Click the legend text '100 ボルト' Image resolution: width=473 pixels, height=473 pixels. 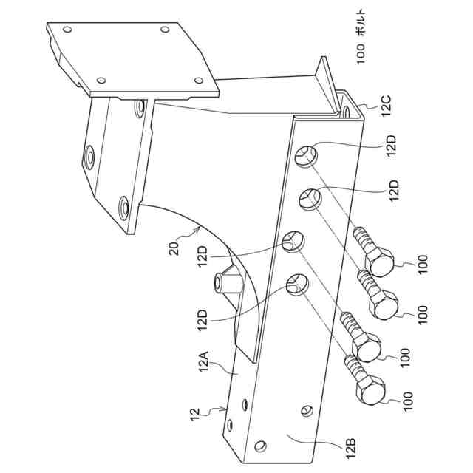[361, 48]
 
